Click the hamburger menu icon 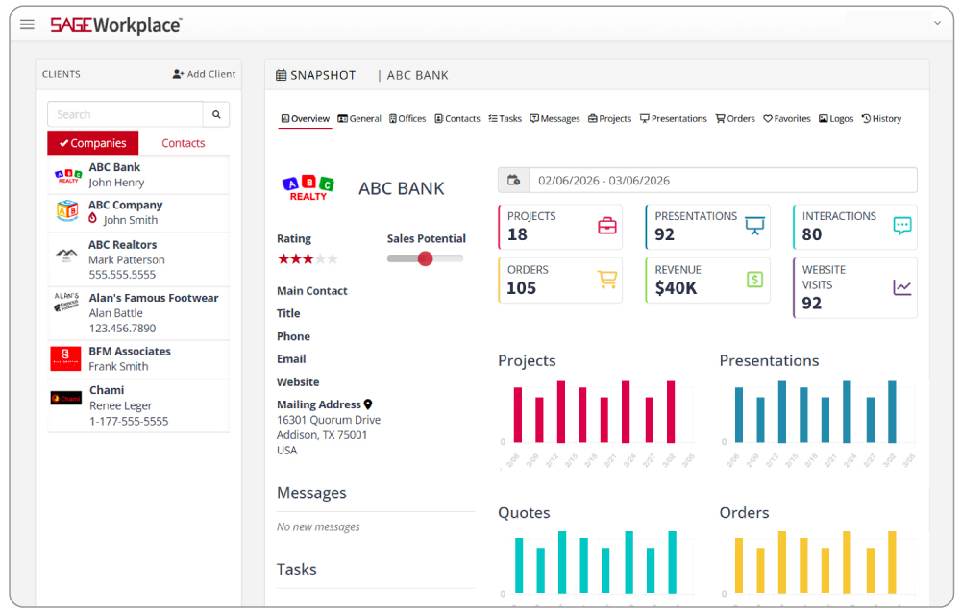point(27,24)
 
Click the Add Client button point(204,74)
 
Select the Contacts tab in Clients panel point(183,143)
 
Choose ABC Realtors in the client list point(122,245)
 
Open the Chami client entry point(107,391)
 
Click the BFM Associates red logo point(65,358)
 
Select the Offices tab point(407,119)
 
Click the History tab point(881,119)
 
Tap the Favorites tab point(787,119)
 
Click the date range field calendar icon point(513,180)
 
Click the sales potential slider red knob point(425,258)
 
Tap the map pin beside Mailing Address point(368,405)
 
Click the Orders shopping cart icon point(606,280)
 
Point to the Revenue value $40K point(676,288)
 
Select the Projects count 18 point(517,234)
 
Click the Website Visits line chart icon point(901,287)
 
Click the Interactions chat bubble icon point(901,226)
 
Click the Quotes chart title point(523,513)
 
